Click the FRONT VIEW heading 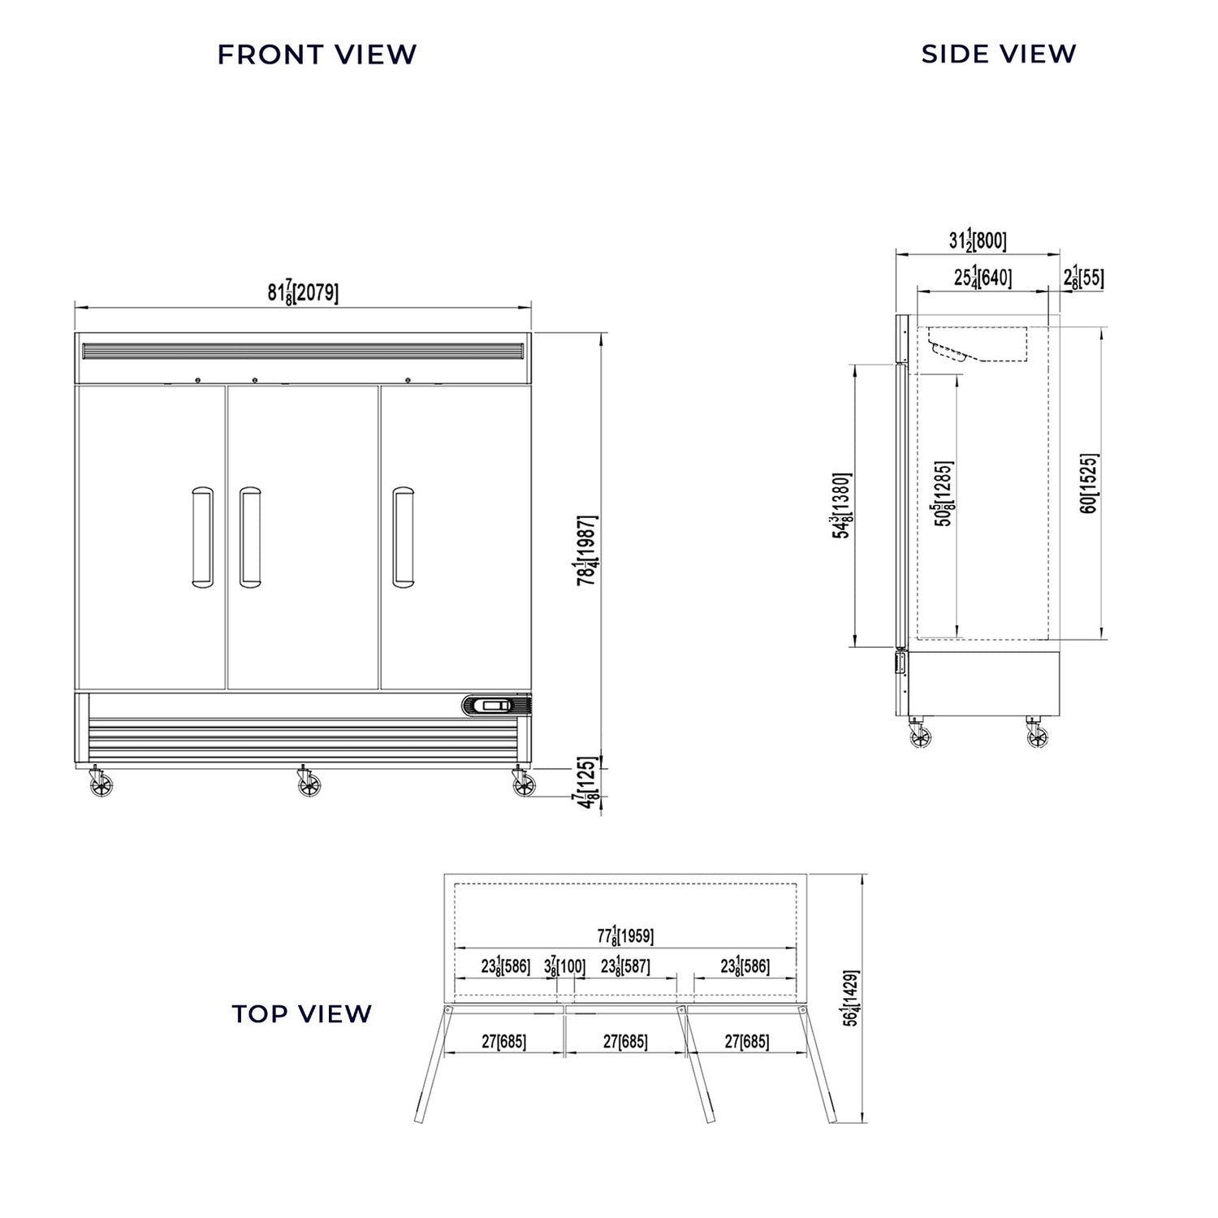click(317, 54)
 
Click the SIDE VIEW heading click(998, 54)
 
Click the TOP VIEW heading click(301, 1013)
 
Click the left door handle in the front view click(202, 537)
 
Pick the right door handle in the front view click(403, 537)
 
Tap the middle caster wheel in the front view click(309, 784)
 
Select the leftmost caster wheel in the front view click(101, 785)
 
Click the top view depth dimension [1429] click(850, 998)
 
